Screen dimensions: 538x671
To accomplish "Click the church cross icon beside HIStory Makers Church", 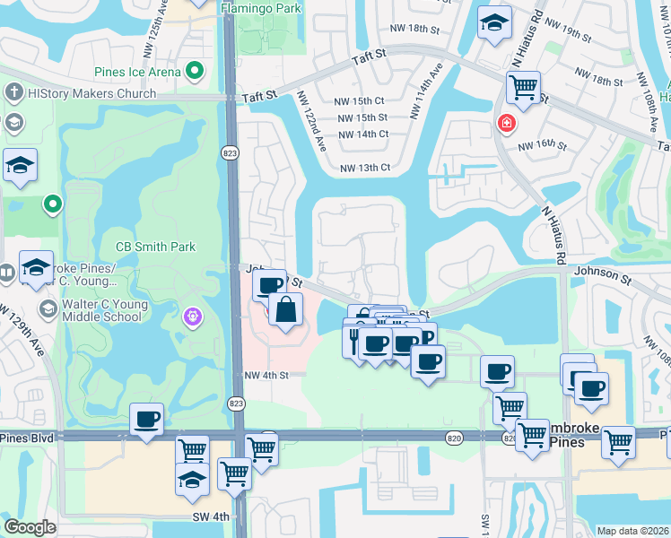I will click(x=14, y=92).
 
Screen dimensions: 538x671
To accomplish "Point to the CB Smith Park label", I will click(x=155, y=247).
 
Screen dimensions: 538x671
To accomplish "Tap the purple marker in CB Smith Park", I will click(x=191, y=316).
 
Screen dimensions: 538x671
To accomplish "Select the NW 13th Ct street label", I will click(x=365, y=168).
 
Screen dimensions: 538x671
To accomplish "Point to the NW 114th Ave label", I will click(x=427, y=90).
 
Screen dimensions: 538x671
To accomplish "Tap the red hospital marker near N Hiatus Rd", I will click(x=507, y=124).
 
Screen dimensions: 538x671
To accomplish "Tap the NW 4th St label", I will click(x=266, y=375).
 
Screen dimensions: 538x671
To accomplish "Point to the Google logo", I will click(x=30, y=527).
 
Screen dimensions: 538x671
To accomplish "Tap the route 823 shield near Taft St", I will click(x=230, y=154).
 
